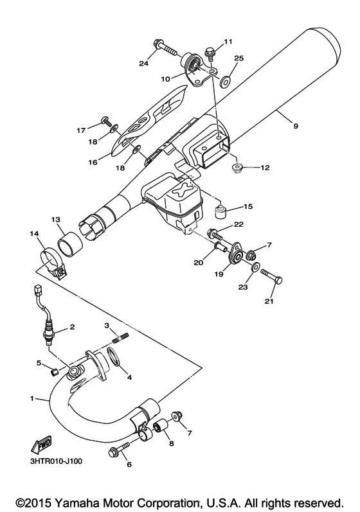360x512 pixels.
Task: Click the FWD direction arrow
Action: [40, 445]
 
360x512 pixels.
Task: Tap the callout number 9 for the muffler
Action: [295, 126]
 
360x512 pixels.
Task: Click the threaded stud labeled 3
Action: [121, 337]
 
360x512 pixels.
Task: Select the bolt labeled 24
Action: [165, 48]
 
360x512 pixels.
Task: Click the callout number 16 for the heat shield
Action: [93, 162]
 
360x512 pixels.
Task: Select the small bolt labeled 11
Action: [210, 55]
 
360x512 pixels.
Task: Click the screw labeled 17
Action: [107, 121]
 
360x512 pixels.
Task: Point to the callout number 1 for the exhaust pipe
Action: [32, 398]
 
